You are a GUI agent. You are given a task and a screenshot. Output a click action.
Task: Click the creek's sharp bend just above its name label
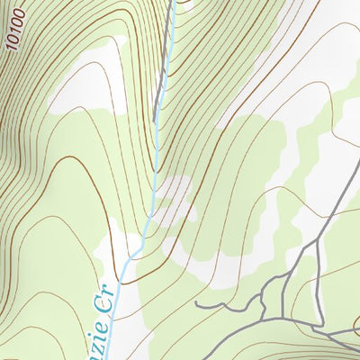tap(135, 255)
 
